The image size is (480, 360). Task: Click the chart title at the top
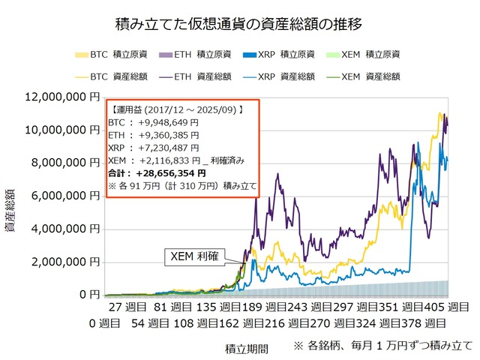coord(240,24)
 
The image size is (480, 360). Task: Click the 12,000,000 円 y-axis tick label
coord(61,97)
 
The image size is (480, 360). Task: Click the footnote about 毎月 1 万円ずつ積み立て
coord(382,346)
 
